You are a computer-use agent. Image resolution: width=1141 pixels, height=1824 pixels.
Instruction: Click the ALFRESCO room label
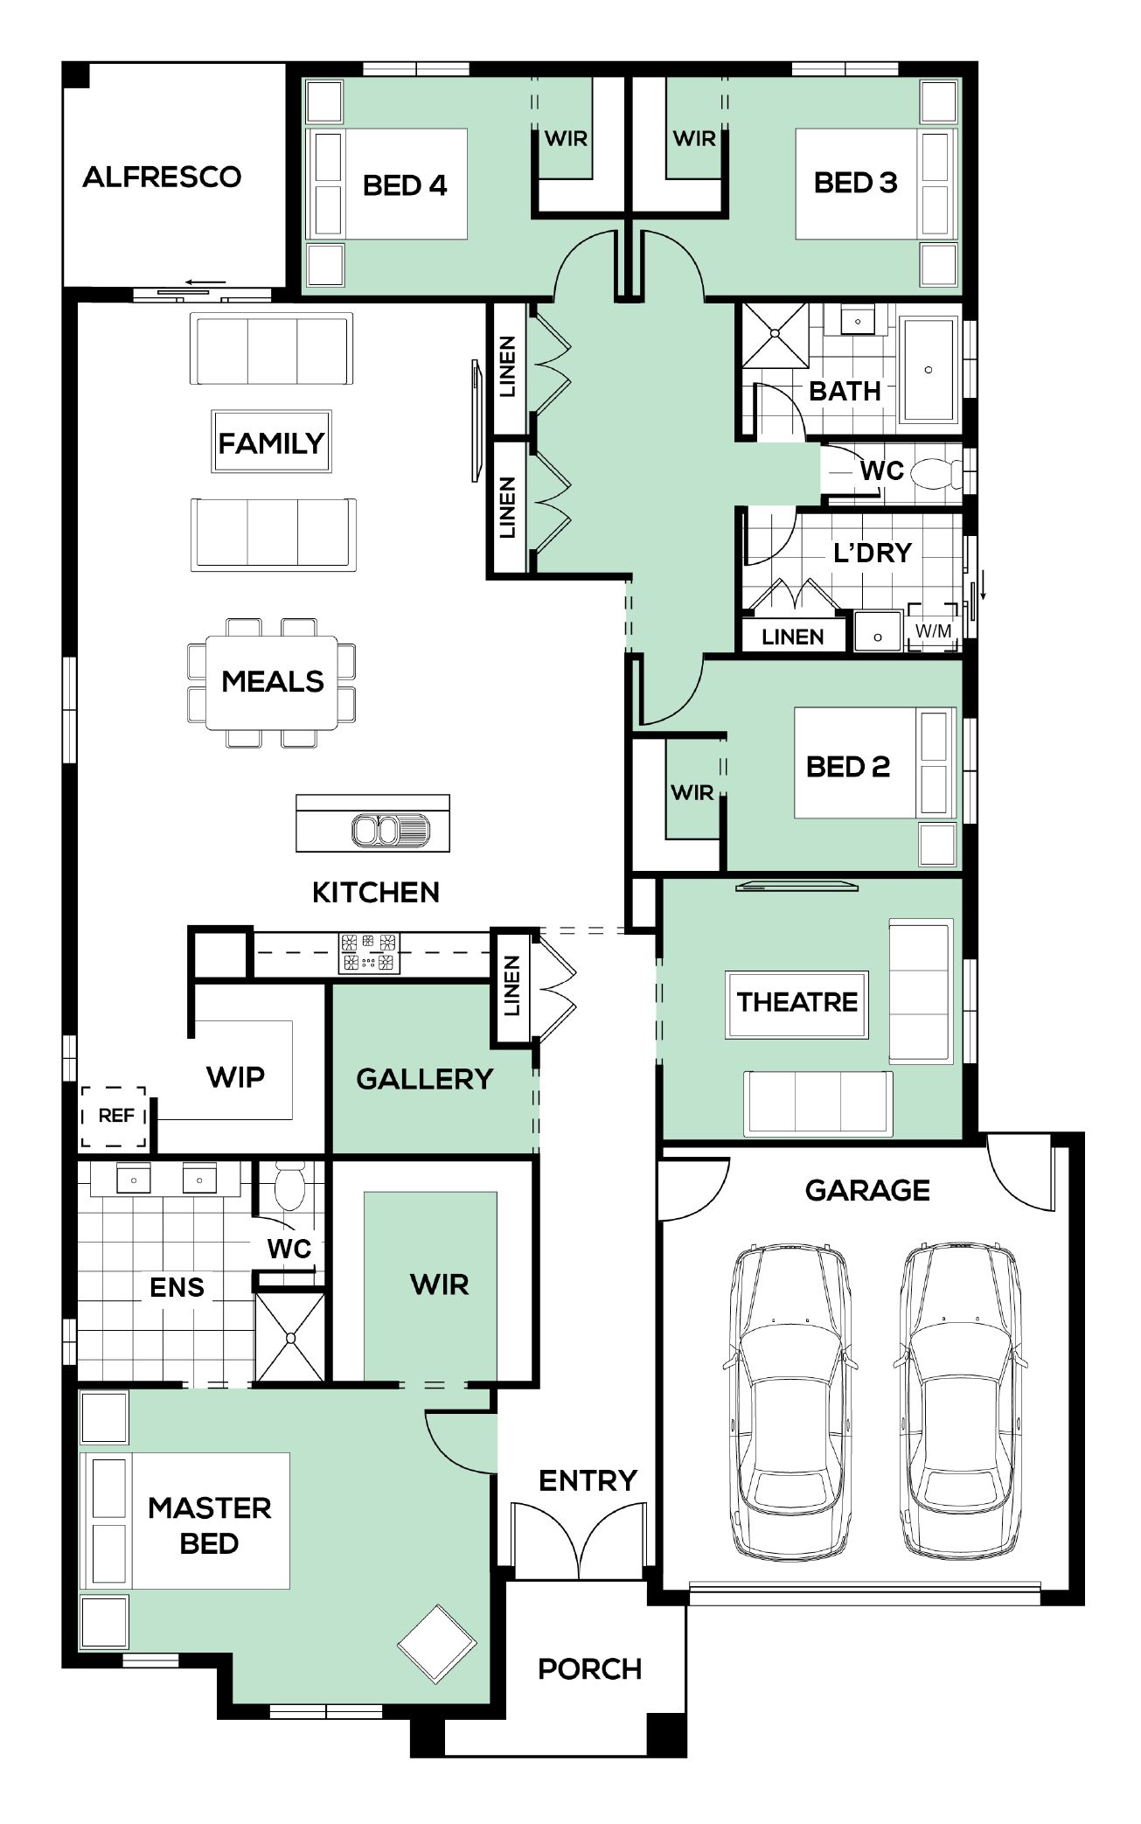point(162,177)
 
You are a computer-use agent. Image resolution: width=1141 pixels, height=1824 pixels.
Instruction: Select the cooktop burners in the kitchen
point(369,953)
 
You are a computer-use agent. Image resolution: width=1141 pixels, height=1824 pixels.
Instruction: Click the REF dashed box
point(115,1117)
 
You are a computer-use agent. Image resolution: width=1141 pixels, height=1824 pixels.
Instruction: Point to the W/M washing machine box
point(933,629)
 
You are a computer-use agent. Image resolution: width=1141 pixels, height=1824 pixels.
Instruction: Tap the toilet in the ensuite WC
point(289,1186)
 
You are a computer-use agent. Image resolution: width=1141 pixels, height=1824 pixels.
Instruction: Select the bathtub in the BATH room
point(929,369)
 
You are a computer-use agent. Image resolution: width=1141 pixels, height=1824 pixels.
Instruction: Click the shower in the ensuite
point(290,1336)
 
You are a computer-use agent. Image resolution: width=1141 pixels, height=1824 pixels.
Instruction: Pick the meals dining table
point(272,682)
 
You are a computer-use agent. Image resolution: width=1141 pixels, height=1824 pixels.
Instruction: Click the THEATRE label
point(797,1002)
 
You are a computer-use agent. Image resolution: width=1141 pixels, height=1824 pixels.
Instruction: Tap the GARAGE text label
point(867,1190)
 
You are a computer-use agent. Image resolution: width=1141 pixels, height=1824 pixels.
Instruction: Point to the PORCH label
point(590,1669)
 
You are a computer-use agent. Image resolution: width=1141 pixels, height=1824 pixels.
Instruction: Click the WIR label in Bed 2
point(692,792)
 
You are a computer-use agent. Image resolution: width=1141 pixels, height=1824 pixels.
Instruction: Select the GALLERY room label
point(425,1079)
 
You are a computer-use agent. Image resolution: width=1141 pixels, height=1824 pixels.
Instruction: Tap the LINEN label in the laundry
point(793,637)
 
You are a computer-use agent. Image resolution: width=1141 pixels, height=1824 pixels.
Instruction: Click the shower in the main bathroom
point(775,335)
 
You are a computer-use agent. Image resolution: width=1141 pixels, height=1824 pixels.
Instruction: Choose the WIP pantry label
point(235,1076)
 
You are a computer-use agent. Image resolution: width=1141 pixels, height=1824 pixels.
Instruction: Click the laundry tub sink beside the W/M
point(878,632)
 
